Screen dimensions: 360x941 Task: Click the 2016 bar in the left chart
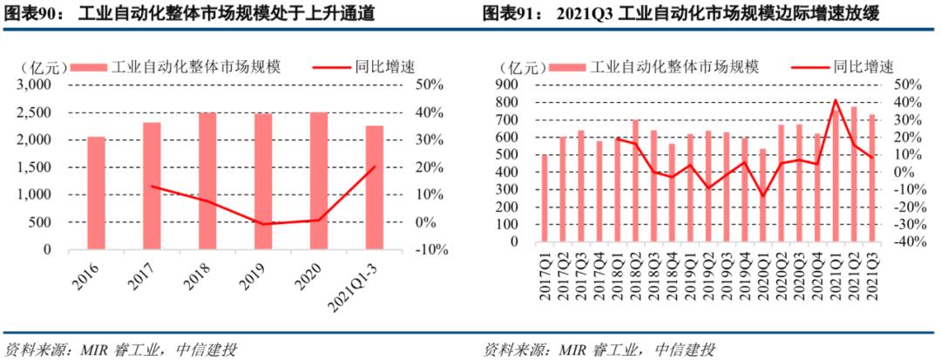coord(96,193)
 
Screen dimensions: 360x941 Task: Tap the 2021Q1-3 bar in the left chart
coord(374,187)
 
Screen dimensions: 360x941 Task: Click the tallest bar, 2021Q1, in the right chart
coord(836,174)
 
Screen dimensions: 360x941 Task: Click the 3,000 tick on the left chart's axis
coord(35,85)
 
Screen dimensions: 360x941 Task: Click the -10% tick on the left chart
coord(432,249)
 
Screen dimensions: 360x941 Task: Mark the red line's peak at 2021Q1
coord(836,99)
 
